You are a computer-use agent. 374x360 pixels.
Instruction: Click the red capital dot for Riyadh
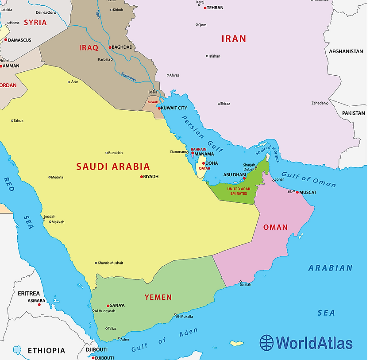tap(142, 177)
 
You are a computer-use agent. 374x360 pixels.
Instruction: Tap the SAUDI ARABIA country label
tap(113, 167)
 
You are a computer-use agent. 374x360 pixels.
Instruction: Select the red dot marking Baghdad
tap(110, 47)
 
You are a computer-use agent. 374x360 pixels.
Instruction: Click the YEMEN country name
tap(158, 297)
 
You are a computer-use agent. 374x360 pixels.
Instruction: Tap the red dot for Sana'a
tap(108, 306)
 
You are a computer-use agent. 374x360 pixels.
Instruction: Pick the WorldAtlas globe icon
tap(267, 343)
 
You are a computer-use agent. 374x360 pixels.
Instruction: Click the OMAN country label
tap(275, 227)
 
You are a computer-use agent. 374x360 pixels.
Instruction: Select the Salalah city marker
tap(240, 282)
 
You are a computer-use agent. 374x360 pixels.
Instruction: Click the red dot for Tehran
tap(205, 8)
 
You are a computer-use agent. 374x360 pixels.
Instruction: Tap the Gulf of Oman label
tap(308, 178)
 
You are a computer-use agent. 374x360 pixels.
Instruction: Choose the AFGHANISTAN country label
tap(346, 51)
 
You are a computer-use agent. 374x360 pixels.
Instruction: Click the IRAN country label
tap(233, 39)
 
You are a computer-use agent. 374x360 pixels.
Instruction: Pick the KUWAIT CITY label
tap(174, 108)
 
